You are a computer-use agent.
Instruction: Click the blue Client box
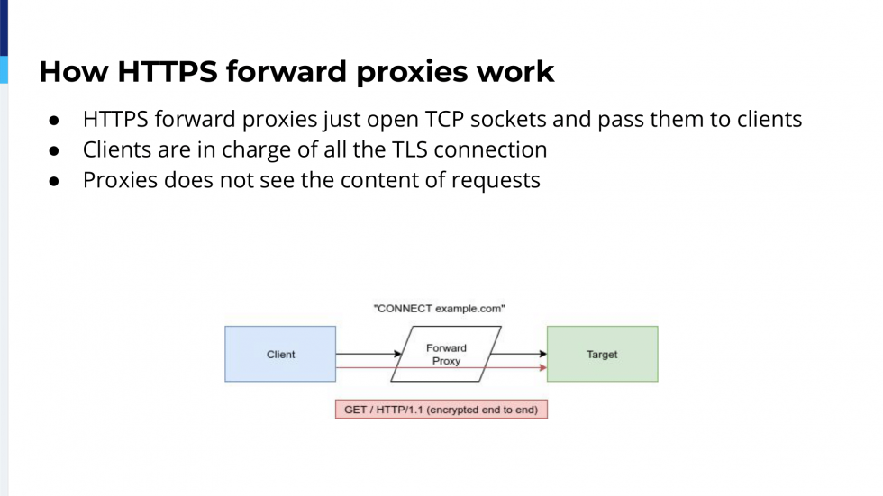[280, 354]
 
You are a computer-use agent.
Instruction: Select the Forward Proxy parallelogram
[446, 354]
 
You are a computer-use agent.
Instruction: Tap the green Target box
[602, 354]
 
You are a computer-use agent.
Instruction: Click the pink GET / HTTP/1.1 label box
[441, 410]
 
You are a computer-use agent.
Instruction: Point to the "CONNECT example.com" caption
[439, 309]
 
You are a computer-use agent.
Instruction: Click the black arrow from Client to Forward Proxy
[369, 354]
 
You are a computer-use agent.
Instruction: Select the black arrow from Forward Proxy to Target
[519, 354]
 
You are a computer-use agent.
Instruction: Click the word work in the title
[518, 71]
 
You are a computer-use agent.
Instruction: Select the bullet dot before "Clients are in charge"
[54, 150]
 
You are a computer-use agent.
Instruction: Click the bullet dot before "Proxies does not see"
[54, 181]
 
